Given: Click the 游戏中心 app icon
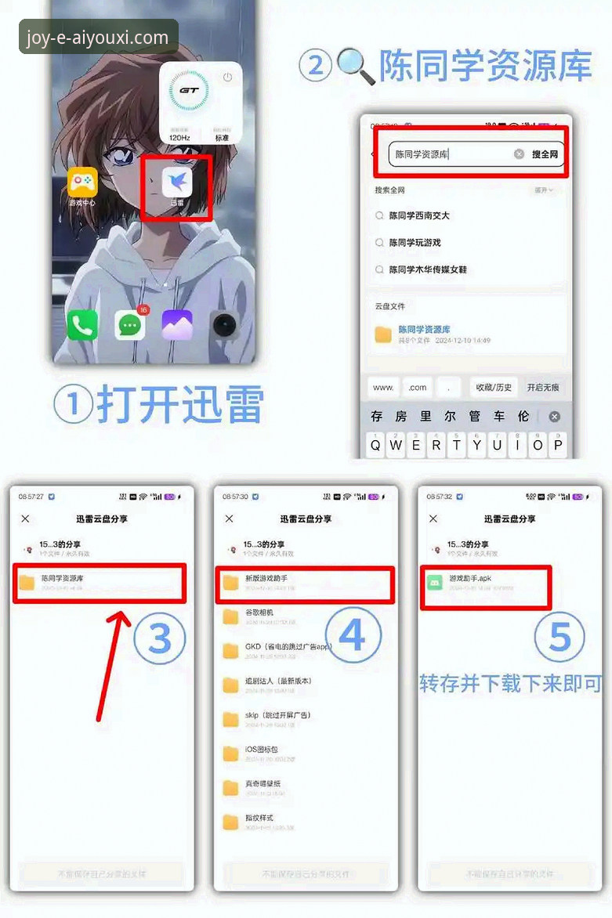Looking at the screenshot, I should [82, 183].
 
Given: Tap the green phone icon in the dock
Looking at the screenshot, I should [82, 324].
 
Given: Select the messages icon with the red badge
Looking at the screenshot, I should [130, 324].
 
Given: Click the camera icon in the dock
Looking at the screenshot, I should [224, 324].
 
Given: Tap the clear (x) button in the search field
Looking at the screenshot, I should [519, 154].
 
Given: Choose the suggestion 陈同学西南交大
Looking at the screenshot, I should [419, 215].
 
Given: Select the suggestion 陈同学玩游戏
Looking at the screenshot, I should [415, 243].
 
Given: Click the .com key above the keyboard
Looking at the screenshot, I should [418, 387].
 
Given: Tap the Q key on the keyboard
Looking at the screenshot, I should [376, 445].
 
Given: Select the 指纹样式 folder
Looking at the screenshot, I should [259, 822].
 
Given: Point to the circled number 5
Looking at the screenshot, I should [559, 636].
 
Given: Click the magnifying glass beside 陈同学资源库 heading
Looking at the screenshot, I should [355, 66].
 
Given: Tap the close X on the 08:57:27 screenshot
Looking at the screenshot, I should [25, 519].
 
